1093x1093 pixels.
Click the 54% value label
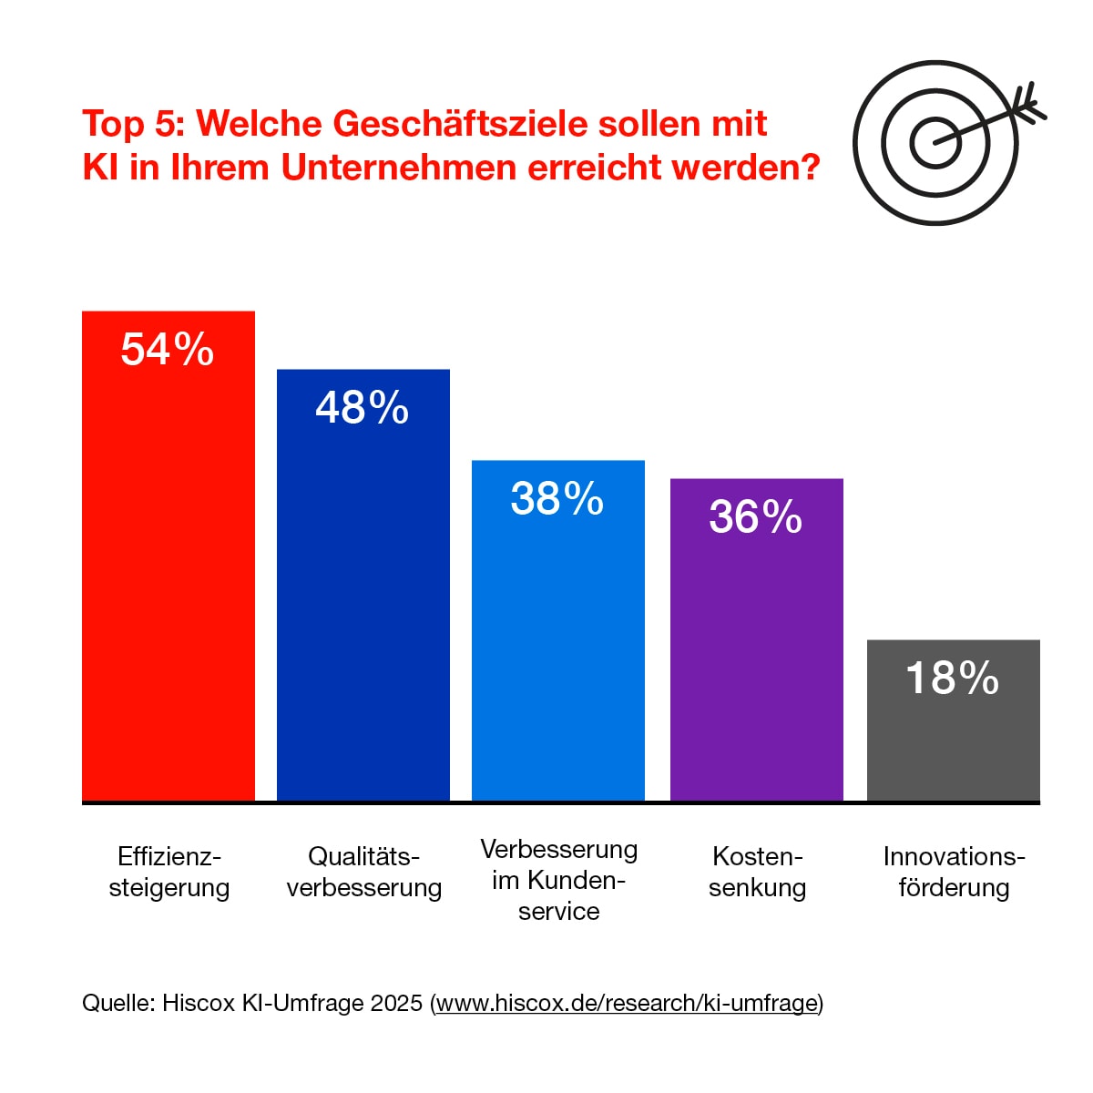click(168, 350)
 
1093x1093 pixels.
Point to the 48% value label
click(363, 408)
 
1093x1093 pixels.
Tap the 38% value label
click(557, 499)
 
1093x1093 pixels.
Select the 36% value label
click(756, 517)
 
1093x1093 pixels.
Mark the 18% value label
click(953, 679)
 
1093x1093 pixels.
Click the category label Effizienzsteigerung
click(169, 872)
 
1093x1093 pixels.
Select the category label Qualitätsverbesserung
click(363, 872)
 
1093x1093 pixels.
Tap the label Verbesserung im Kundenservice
click(558, 880)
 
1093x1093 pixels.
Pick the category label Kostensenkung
click(757, 872)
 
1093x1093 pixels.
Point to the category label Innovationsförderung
click(954, 872)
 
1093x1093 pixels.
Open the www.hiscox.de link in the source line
click(627, 1004)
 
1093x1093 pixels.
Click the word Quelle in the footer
click(117, 1004)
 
